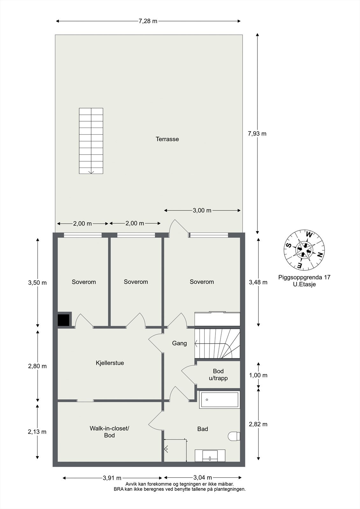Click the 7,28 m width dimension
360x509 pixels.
click(x=148, y=21)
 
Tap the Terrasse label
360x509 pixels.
click(x=167, y=139)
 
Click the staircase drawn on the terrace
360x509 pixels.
click(x=91, y=141)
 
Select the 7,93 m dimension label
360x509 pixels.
click(x=257, y=134)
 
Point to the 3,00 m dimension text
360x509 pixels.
click(x=202, y=210)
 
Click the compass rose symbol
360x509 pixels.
click(x=304, y=249)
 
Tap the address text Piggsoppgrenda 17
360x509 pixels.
click(x=304, y=277)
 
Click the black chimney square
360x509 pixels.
click(x=64, y=320)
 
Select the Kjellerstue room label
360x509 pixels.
click(x=110, y=363)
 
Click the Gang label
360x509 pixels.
click(x=179, y=343)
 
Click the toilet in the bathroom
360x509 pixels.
click(x=234, y=436)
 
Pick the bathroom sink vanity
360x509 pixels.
click(x=210, y=456)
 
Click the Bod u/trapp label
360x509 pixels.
click(x=218, y=374)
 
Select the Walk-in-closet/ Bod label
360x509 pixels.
click(x=109, y=432)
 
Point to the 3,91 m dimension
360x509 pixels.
click(x=112, y=478)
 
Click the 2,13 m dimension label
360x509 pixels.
click(x=37, y=432)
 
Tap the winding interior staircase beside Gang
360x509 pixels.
click(x=217, y=344)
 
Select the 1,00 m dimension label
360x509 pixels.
click(x=258, y=375)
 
